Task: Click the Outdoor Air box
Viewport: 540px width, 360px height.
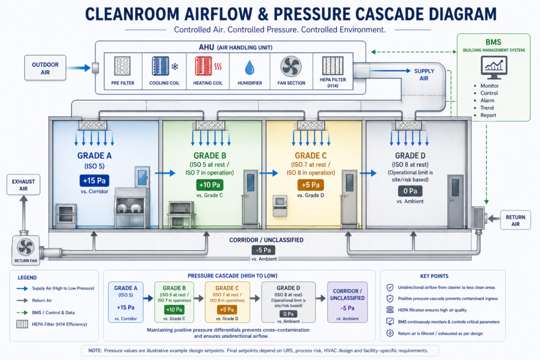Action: click(45, 68)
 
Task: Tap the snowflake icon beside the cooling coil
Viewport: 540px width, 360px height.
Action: click(175, 66)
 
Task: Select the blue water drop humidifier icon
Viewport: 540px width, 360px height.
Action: click(249, 67)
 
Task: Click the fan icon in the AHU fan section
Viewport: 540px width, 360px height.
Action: click(291, 66)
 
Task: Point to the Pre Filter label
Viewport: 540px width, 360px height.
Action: click(123, 83)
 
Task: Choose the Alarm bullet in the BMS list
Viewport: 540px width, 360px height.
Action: click(487, 101)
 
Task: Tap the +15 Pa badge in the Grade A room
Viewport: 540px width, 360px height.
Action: click(94, 180)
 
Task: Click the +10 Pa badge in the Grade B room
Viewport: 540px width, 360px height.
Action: click(210, 185)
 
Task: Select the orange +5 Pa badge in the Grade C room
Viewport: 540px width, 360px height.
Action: click(311, 185)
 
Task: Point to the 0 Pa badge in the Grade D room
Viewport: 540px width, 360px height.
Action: click(410, 191)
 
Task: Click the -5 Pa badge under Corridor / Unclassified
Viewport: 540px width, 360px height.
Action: click(264, 250)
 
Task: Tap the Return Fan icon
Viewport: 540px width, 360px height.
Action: click(26, 247)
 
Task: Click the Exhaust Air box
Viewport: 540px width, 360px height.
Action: click(23, 185)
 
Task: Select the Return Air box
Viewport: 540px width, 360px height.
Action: click(515, 220)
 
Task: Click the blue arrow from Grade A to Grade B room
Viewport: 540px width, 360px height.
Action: click(165, 173)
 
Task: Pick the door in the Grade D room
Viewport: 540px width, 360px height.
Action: click(455, 201)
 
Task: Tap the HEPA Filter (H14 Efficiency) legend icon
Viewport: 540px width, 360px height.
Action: click(22, 324)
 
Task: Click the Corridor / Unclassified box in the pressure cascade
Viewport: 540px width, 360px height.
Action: click(348, 302)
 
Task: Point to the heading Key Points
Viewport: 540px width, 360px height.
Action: click(435, 276)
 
